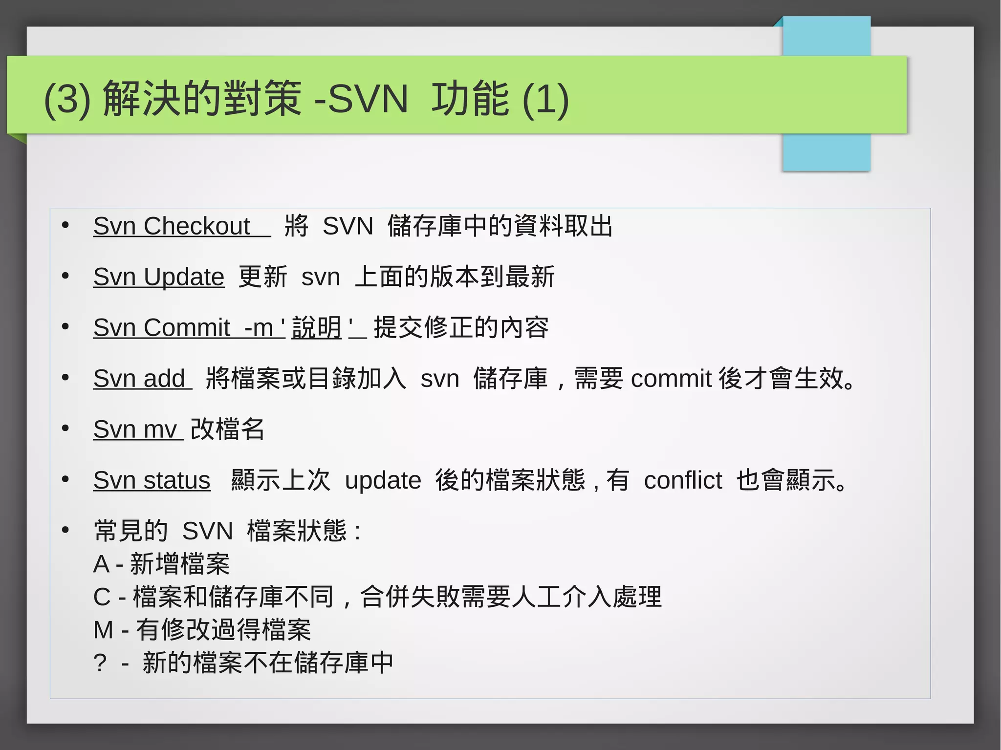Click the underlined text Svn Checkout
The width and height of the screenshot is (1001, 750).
pos(172,226)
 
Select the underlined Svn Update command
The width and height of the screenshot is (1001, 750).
pos(159,277)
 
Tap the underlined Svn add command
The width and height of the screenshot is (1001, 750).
pos(139,379)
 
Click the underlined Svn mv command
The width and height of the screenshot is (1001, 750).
pos(135,429)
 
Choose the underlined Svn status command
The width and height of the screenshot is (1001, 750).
pos(152,480)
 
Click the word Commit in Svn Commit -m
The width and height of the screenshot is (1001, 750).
pos(187,328)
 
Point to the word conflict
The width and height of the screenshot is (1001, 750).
pos(683,480)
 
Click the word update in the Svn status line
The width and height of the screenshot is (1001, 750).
pos(383,480)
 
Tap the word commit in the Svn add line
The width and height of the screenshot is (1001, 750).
pos(671,379)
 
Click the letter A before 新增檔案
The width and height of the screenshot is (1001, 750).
pos(101,564)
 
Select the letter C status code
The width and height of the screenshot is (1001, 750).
pos(102,597)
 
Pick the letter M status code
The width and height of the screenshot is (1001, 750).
pos(103,630)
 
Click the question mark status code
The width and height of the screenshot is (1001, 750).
pos(100,663)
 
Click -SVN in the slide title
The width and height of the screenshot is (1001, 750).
pos(361,99)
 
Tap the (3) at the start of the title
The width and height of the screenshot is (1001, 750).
pos(67,99)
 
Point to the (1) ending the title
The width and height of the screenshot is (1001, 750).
pos(545,99)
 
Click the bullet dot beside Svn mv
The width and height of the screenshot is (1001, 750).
pos(65,428)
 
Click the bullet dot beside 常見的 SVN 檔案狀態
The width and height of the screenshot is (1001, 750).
pos(65,530)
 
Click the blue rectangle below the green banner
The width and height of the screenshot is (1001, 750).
pos(826,152)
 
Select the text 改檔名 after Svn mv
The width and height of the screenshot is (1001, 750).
pos(227,429)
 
